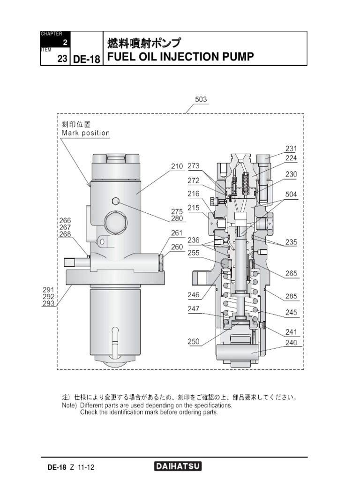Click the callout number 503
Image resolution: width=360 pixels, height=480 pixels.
[x=201, y=99]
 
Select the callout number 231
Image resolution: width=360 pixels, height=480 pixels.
[x=291, y=149]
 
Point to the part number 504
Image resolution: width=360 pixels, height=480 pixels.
[x=291, y=194]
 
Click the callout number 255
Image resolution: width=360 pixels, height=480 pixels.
[x=194, y=253]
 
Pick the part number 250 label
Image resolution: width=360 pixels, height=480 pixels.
[x=194, y=342]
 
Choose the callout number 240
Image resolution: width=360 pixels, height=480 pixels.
[x=291, y=342]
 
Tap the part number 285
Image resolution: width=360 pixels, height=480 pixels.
[x=291, y=296]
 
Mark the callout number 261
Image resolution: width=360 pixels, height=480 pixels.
[x=177, y=233]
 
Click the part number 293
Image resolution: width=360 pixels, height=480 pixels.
[x=49, y=303]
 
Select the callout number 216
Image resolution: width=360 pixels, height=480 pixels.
[x=194, y=193]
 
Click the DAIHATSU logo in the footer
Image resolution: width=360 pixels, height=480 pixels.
[x=178, y=466]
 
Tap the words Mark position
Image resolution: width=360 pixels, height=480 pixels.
[x=86, y=133]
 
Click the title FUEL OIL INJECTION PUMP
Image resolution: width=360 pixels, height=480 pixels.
[x=180, y=57]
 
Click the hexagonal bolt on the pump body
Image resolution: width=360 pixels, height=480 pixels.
[x=115, y=201]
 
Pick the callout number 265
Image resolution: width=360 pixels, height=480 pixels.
[x=291, y=273]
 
